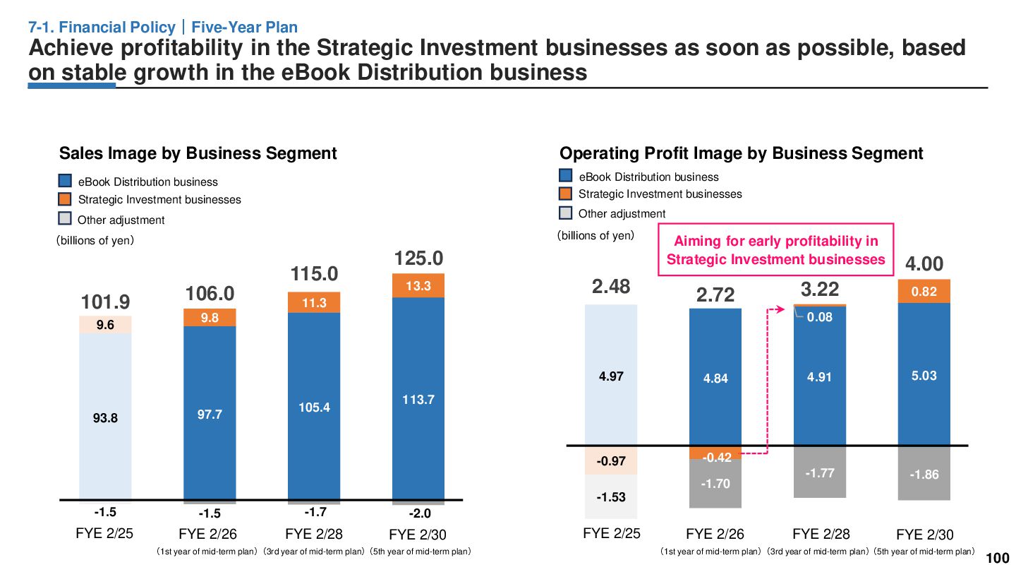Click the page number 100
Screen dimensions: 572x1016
997,558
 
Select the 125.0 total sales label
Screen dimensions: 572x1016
418,258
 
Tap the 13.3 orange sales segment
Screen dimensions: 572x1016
418,285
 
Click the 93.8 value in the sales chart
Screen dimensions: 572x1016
105,417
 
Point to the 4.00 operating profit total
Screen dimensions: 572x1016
924,264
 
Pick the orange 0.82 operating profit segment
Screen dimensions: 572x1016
924,291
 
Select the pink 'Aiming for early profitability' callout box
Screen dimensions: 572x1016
775,250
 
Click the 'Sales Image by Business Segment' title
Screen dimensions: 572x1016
198,153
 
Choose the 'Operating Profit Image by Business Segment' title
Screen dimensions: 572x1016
741,153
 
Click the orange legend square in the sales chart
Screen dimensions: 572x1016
65,199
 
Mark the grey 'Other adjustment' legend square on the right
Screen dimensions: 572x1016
566,213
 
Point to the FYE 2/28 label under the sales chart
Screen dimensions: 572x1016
314,534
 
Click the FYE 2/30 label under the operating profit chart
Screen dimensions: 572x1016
924,535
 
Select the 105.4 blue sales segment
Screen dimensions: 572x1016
314,407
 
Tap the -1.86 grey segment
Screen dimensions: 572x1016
924,474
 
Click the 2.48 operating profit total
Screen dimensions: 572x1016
611,287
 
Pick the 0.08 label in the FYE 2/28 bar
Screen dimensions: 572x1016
820,317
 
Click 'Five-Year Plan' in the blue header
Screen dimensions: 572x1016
245,28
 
